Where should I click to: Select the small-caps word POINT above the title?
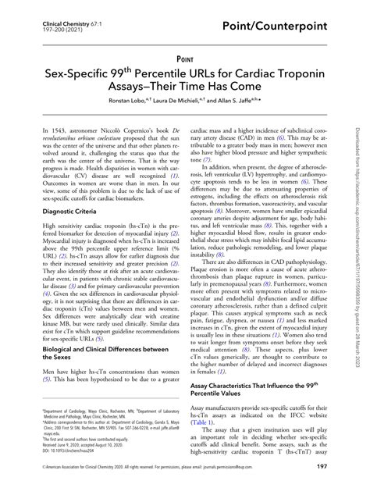pyautogui.click(x=185, y=59)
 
